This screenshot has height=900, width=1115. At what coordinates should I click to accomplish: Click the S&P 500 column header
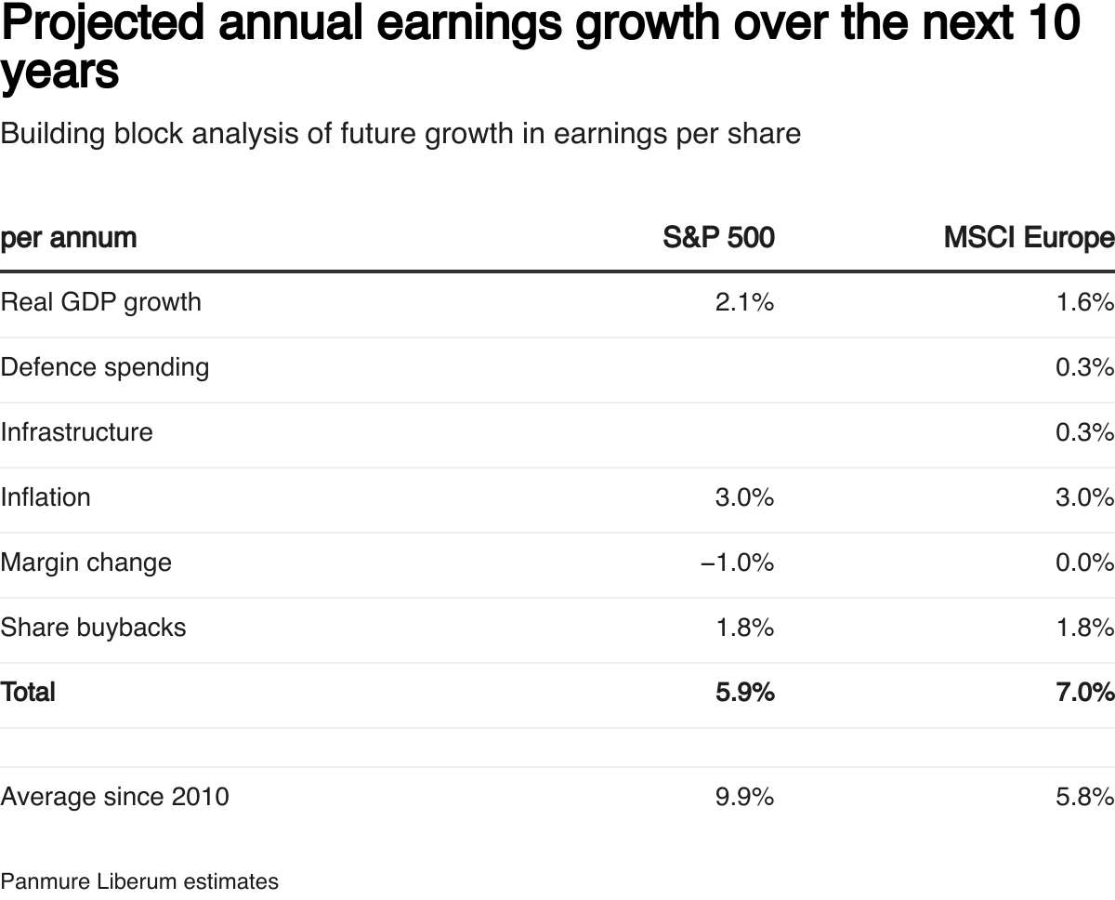[718, 238]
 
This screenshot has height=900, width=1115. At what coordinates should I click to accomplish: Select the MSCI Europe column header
[1029, 238]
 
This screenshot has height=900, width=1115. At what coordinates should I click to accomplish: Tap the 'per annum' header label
[69, 238]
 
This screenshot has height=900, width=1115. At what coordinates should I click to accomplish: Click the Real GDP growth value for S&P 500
[744, 302]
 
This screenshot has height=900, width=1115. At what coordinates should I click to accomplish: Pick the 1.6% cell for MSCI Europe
[1084, 302]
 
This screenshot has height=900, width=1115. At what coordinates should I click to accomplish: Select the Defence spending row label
[105, 367]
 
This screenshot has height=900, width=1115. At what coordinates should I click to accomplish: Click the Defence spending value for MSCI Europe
[1084, 367]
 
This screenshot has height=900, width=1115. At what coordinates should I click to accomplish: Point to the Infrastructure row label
[77, 432]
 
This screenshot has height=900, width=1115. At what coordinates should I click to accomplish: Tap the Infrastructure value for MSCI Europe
[1084, 432]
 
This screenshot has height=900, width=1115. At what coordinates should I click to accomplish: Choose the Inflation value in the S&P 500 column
[744, 497]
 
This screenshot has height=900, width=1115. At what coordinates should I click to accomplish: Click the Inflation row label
[46, 497]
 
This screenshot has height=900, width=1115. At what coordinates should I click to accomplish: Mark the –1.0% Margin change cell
[737, 562]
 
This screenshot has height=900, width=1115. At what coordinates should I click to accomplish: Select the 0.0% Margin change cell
[1084, 562]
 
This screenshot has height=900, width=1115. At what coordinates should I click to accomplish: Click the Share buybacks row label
[93, 628]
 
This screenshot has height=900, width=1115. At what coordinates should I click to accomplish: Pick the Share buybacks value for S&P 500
[744, 628]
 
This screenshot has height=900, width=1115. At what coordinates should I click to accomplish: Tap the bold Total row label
[28, 692]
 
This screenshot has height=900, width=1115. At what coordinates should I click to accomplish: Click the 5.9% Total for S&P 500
[744, 692]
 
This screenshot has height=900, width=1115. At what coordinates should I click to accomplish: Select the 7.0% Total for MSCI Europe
[1084, 692]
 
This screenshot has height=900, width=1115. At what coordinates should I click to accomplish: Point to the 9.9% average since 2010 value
[744, 797]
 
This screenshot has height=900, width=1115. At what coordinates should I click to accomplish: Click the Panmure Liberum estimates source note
[139, 881]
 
